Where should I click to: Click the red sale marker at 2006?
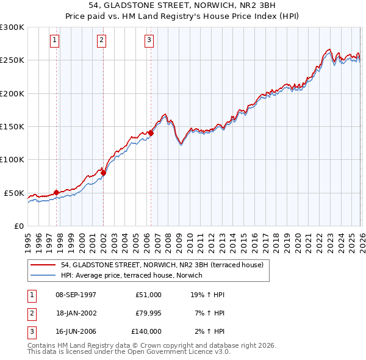point(151,133)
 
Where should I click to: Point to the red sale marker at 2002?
point(103,173)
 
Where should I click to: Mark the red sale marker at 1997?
point(56,192)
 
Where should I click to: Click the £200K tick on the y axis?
point(12,94)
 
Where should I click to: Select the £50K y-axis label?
point(14,193)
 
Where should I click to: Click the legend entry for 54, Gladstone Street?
point(162,265)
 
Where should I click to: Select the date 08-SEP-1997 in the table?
point(76,295)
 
